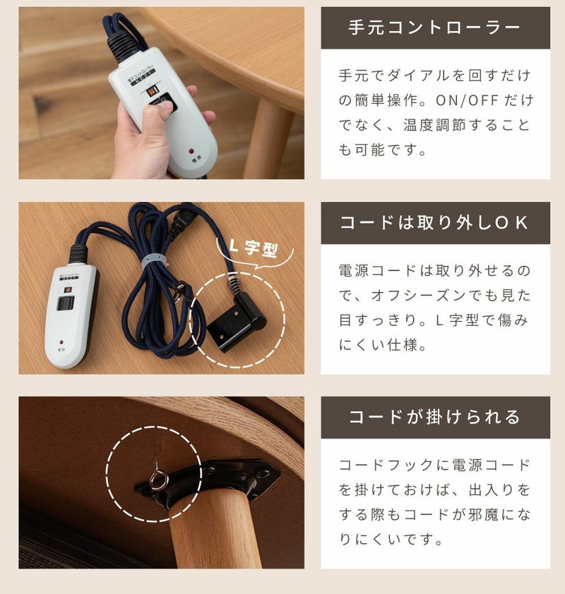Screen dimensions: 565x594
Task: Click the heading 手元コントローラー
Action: point(434,28)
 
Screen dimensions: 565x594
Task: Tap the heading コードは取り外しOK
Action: point(434,223)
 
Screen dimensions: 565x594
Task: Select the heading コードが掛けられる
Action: point(434,417)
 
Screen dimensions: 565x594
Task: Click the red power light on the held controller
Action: point(191,151)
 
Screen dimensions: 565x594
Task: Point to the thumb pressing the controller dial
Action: point(153,114)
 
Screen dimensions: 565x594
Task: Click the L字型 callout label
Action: point(254,248)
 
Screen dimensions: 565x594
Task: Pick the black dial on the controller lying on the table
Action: point(66,304)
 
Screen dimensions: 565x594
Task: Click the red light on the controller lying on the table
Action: point(61,342)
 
